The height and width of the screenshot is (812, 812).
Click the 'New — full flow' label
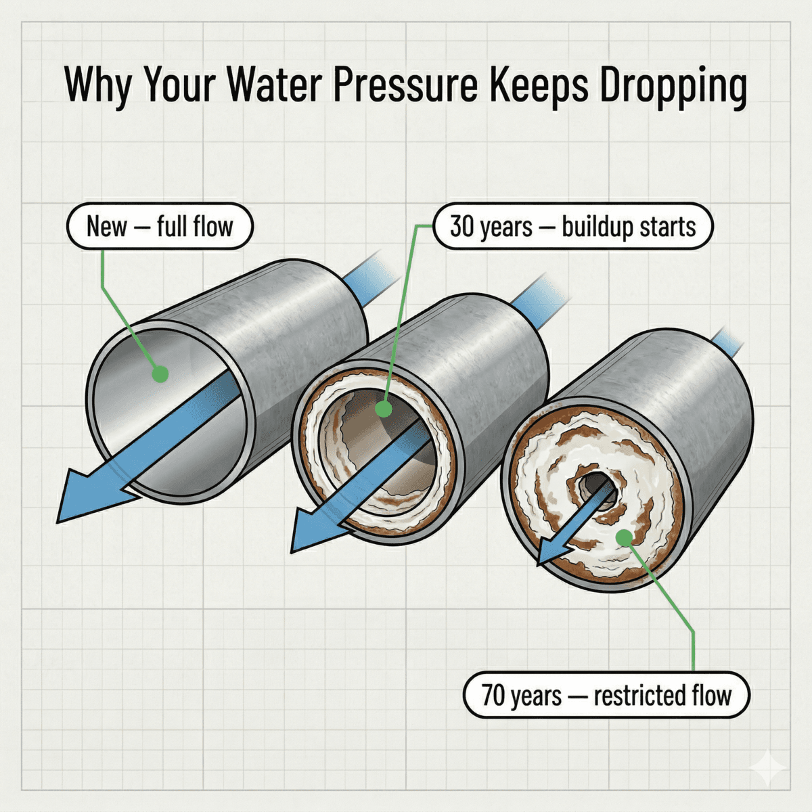[x=160, y=226]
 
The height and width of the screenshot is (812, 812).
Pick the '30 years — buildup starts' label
[x=572, y=226]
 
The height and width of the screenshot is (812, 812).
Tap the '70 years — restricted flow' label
[x=606, y=695]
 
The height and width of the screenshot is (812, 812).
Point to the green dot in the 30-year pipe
[x=383, y=408]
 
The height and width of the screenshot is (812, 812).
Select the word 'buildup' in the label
[x=594, y=227]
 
